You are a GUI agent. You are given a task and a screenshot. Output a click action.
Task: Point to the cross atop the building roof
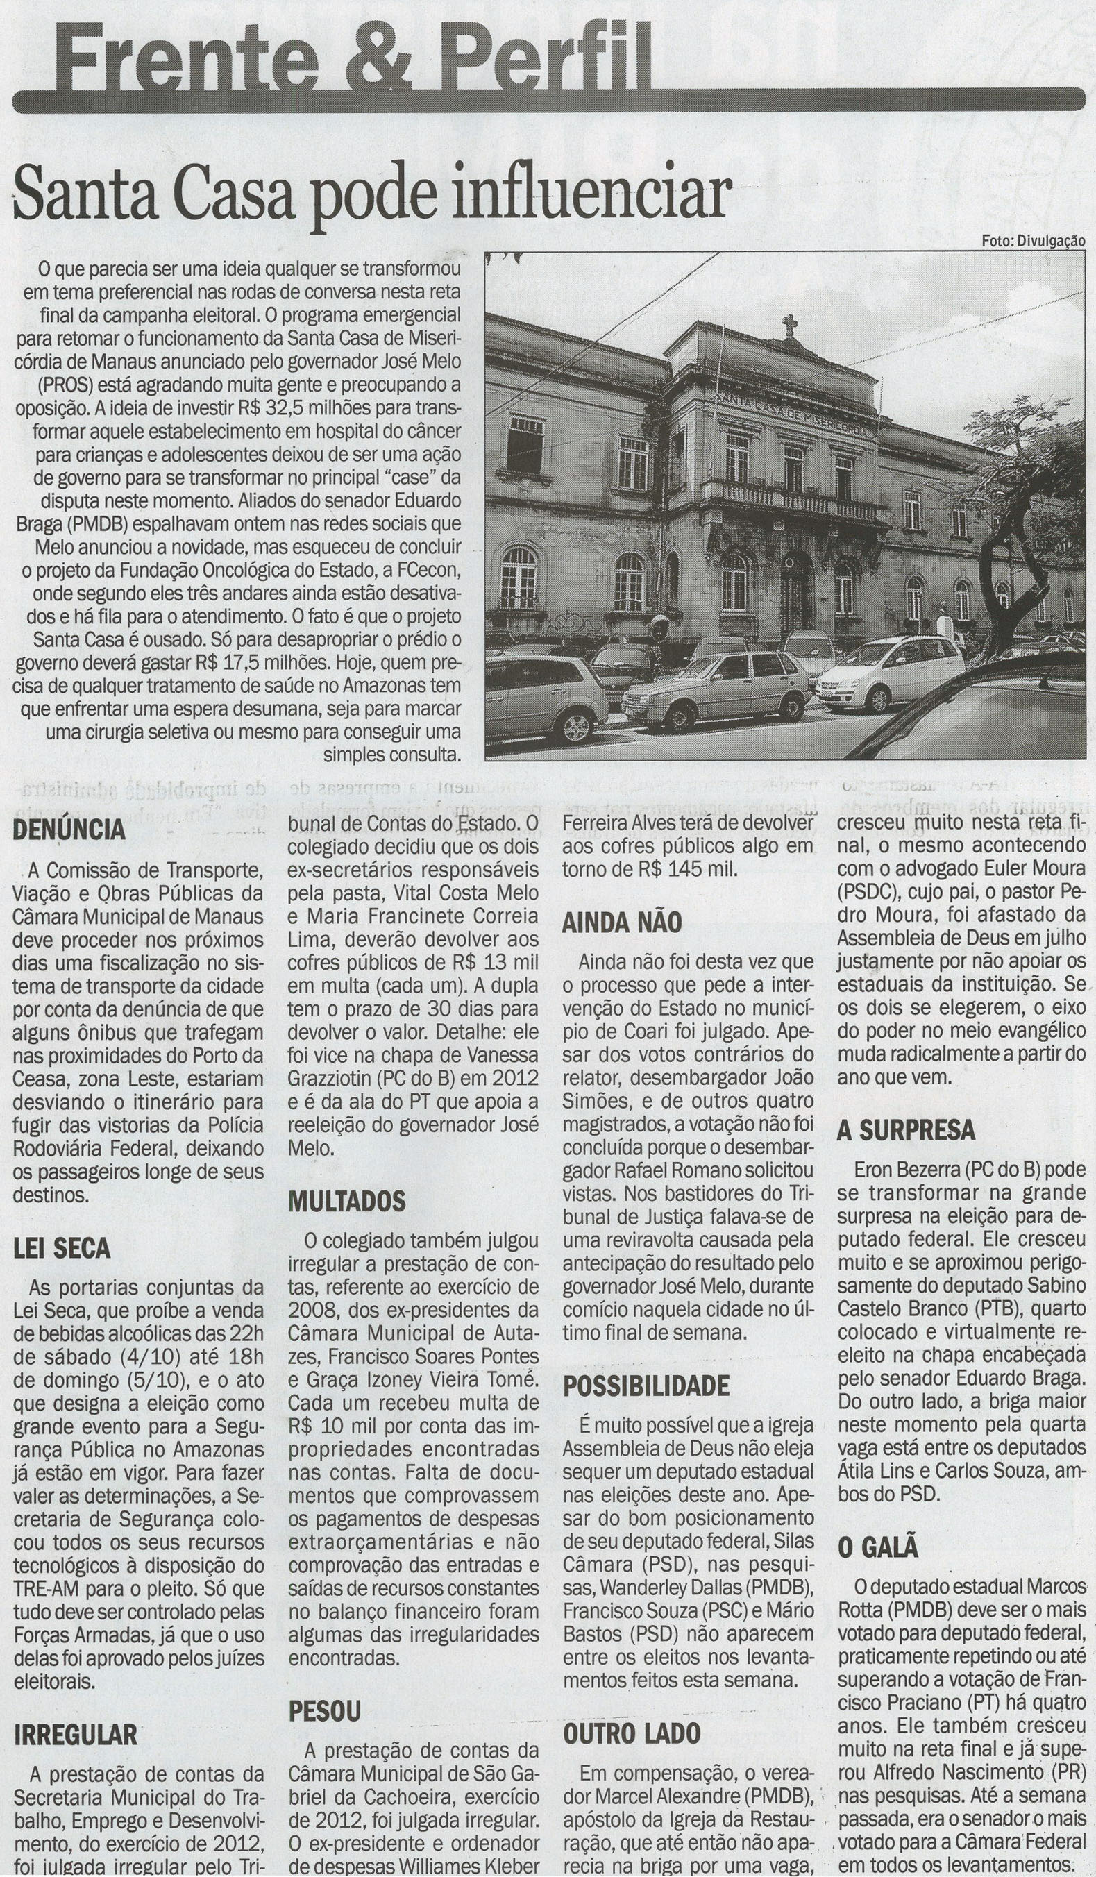[789, 326]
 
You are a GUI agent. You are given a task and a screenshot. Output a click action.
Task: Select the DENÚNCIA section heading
[69, 830]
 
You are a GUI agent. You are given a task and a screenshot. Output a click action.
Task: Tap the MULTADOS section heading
[347, 1201]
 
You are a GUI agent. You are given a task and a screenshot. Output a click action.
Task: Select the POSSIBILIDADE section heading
[646, 1386]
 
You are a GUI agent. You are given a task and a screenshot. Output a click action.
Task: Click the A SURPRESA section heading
[905, 1131]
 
